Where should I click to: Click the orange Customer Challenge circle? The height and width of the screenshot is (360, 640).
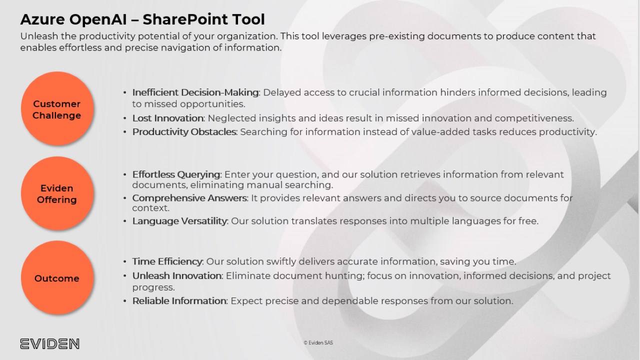point(57,108)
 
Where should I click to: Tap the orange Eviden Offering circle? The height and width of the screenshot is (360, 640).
point(57,193)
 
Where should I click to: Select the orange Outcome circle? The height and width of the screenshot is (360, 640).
point(57,277)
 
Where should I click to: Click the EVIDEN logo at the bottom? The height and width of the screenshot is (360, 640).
point(49,343)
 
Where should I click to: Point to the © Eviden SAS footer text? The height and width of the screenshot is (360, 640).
point(318,343)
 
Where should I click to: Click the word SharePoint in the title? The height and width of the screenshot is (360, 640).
point(185,19)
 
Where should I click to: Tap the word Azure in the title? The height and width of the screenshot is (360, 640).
point(42,19)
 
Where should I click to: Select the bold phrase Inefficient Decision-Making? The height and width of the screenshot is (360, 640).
point(195,92)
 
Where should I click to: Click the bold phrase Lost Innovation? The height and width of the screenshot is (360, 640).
point(167,118)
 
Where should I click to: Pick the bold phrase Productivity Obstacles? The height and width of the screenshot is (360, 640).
point(184,132)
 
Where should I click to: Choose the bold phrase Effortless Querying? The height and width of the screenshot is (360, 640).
point(176,174)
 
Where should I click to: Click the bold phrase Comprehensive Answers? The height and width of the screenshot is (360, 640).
point(189,198)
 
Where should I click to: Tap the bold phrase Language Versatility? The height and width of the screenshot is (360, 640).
point(179,221)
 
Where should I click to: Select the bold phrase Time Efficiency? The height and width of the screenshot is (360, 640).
point(167,261)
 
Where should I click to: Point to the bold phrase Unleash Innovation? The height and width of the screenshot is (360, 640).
point(177,275)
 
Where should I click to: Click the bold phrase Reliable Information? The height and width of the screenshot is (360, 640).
point(179,301)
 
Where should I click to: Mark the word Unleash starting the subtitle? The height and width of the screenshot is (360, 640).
point(39,36)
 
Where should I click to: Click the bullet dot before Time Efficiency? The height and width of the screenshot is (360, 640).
point(124,261)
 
